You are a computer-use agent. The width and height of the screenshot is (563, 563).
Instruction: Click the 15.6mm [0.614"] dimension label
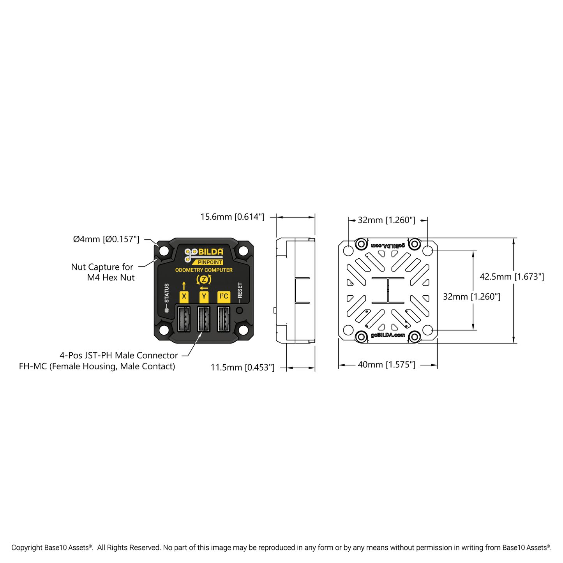(232, 217)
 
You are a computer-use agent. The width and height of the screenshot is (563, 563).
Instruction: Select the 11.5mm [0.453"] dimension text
(242, 367)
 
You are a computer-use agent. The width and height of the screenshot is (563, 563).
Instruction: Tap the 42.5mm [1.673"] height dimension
(512, 277)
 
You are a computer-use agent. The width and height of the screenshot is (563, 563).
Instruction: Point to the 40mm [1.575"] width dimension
(387, 365)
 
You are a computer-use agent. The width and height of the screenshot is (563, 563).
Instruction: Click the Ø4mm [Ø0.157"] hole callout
(106, 239)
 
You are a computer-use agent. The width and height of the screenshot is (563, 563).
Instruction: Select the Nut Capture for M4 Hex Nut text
(102, 272)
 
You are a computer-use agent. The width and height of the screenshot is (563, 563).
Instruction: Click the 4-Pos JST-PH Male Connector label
(118, 355)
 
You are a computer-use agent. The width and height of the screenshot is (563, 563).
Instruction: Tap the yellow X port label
(184, 297)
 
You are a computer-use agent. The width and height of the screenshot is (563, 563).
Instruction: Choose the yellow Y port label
(204, 297)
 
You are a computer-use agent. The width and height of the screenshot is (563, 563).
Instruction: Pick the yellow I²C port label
(224, 297)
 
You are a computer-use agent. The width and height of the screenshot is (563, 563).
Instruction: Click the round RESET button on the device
(240, 310)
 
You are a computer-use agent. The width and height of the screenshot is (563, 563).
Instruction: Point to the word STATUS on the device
(167, 293)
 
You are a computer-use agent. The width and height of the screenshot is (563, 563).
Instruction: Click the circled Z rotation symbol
(204, 279)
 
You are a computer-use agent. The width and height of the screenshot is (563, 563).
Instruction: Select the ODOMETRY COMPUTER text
(204, 270)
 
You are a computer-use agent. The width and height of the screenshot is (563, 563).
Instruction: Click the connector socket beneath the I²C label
(224, 319)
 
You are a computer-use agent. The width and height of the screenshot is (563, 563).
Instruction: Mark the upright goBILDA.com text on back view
(388, 335)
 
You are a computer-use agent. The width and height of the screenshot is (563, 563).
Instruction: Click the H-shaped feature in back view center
(388, 290)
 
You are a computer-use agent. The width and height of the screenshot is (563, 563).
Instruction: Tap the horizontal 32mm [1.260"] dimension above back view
(387, 220)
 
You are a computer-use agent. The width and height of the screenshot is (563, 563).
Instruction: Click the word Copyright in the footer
(27, 547)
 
